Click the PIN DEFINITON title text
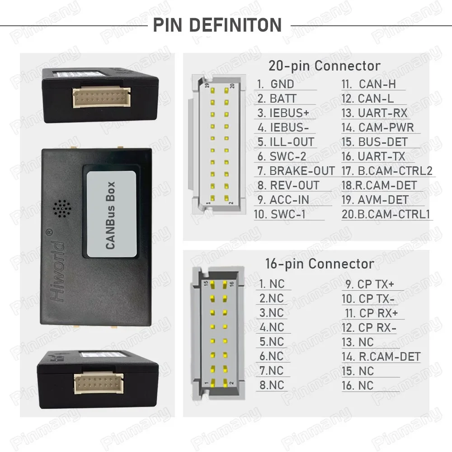[x=217, y=25]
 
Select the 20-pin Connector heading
[x=324, y=66]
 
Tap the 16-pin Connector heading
[x=320, y=264]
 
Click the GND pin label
[x=282, y=84]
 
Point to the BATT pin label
[x=283, y=99]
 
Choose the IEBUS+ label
[x=289, y=113]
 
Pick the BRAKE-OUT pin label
[x=301, y=171]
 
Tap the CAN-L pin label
[x=375, y=99]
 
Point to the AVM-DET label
[x=382, y=200]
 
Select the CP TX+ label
[x=376, y=284]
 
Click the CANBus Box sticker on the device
[x=111, y=215]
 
